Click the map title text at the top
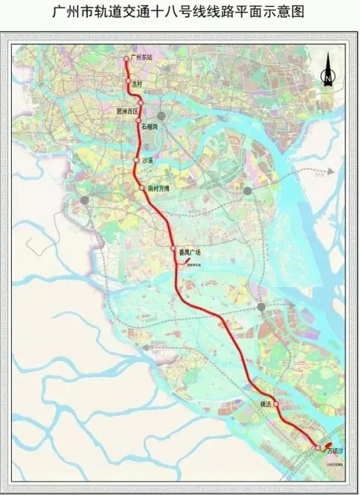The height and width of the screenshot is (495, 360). [180, 12]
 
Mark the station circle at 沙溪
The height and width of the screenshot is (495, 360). [136, 160]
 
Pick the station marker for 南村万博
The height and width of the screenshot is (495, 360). [142, 188]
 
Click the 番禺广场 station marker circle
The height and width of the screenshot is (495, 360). [173, 250]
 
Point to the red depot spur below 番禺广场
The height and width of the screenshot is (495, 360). [179, 263]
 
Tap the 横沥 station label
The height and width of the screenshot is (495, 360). [265, 403]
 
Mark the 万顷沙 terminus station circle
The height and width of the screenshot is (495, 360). [318, 447]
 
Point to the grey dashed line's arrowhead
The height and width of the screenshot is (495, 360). [331, 172]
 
